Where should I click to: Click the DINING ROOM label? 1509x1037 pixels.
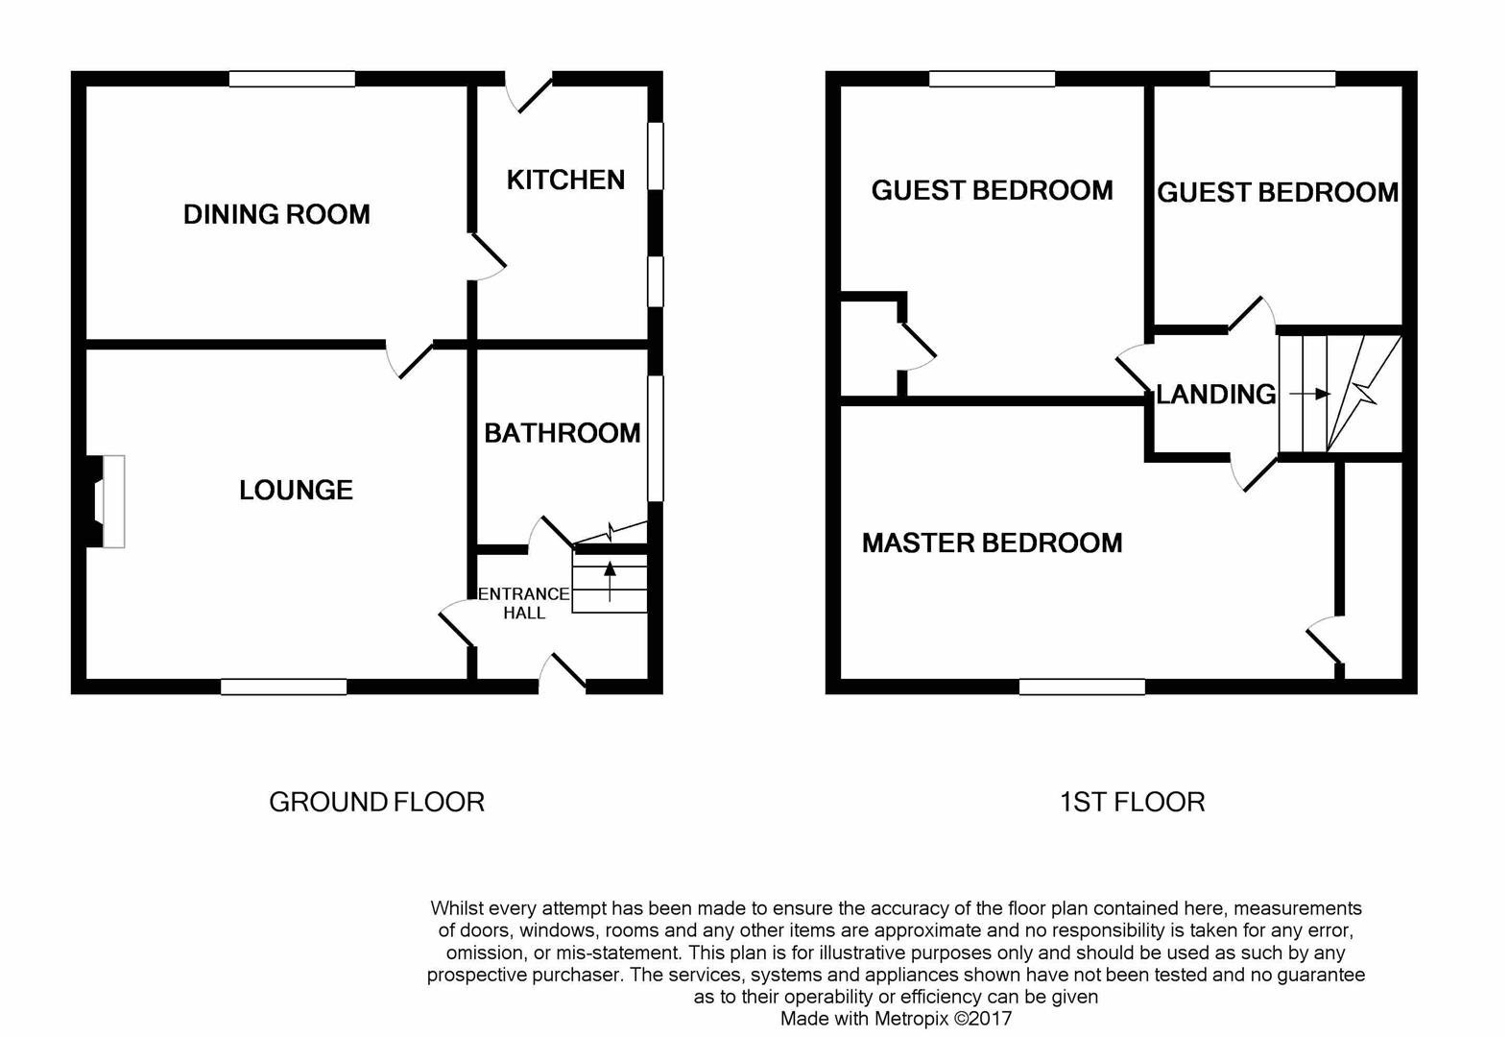(276, 214)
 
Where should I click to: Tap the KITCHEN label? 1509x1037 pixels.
(566, 180)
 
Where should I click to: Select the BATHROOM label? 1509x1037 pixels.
(563, 433)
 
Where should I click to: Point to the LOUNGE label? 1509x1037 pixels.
(297, 490)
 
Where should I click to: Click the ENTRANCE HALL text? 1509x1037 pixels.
(524, 603)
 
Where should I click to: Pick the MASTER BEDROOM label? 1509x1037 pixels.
(993, 543)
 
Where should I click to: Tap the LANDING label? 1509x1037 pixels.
(1216, 395)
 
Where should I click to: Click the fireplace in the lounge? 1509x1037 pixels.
(106, 501)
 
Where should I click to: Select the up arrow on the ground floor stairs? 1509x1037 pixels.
(610, 581)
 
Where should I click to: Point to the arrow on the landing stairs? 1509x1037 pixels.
(1310, 394)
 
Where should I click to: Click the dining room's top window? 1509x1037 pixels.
(292, 79)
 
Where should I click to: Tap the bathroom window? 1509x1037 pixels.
(656, 439)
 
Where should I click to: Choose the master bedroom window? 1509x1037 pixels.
(1082, 687)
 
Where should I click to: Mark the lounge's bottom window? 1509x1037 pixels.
(283, 687)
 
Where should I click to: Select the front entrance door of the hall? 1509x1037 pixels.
(563, 671)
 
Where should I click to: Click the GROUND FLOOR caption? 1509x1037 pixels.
(377, 803)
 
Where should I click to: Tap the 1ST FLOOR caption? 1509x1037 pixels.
(1133, 803)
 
